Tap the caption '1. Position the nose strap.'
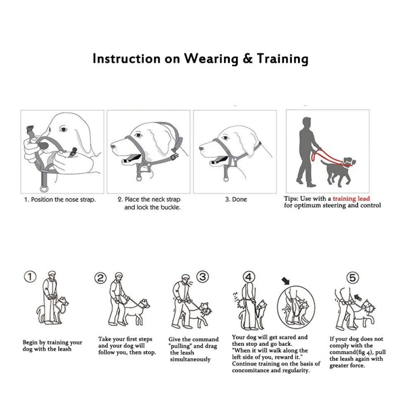click(60, 199)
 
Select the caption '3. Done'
click(236, 199)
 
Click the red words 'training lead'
click(351, 198)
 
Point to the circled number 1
click(32, 278)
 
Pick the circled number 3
click(203, 277)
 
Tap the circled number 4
click(249, 277)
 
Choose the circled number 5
click(352, 278)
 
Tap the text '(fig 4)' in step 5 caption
click(362, 352)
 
